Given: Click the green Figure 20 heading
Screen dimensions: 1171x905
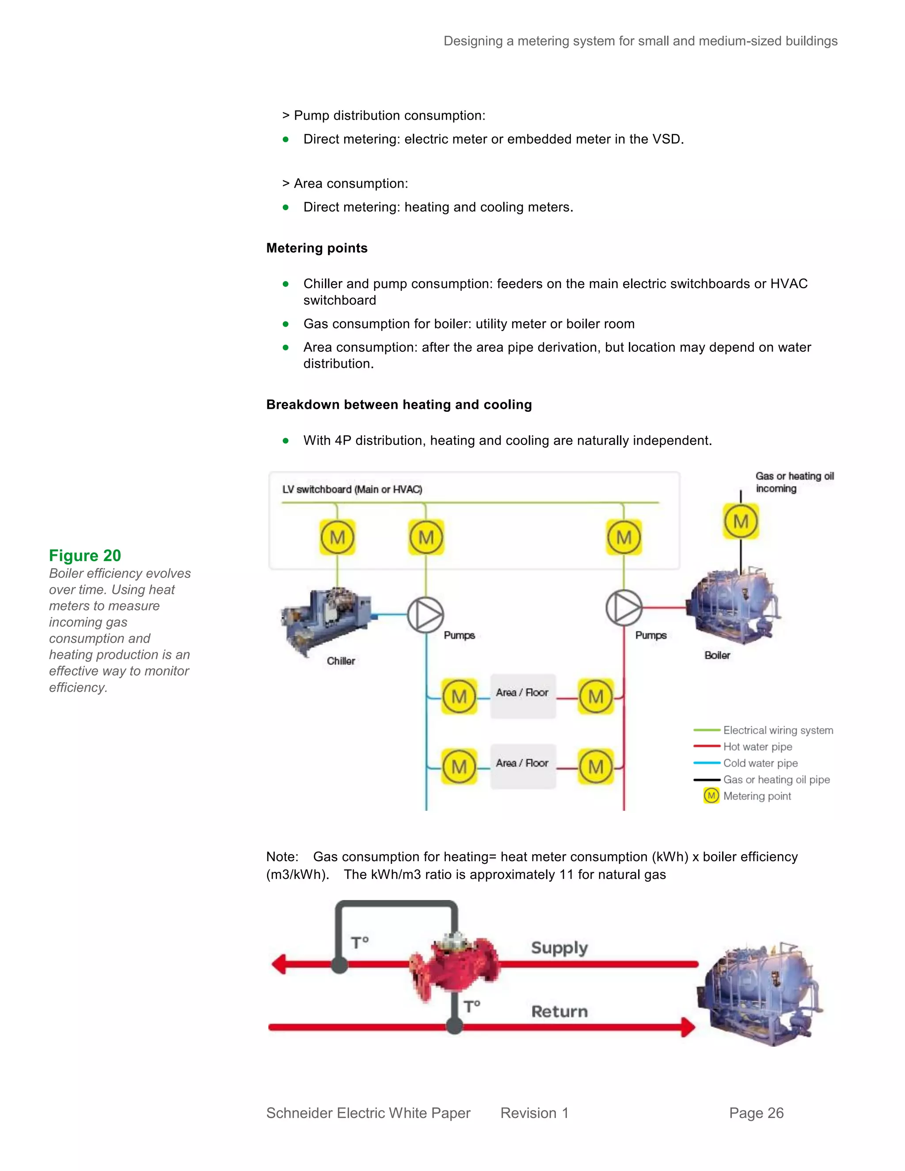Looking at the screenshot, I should (85, 555).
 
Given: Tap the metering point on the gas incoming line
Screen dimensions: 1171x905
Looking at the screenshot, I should (741, 521).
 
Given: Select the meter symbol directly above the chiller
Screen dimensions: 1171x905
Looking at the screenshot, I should (337, 537).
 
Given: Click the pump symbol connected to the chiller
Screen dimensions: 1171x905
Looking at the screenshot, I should (425, 615).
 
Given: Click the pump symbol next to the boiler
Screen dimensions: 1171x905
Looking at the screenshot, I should (624, 608).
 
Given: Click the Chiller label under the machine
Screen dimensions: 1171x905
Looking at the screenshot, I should (341, 661).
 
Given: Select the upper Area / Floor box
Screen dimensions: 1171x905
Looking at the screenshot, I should (523, 696).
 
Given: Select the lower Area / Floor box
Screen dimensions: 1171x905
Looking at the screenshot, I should (523, 766).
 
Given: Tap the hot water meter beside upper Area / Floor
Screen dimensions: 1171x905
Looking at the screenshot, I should (596, 696).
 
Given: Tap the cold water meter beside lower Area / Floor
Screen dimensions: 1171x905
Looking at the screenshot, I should (459, 767).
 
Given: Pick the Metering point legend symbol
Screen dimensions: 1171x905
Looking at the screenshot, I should (711, 796).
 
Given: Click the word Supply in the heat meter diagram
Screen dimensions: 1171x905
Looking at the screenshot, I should (559, 947).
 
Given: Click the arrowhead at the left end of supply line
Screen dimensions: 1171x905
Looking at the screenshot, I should (279, 964).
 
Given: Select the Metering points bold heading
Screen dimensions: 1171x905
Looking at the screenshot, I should (317, 248).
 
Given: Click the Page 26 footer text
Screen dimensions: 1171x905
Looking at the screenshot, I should (756, 1113).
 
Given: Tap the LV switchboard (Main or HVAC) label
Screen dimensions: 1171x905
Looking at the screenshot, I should (352, 489).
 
